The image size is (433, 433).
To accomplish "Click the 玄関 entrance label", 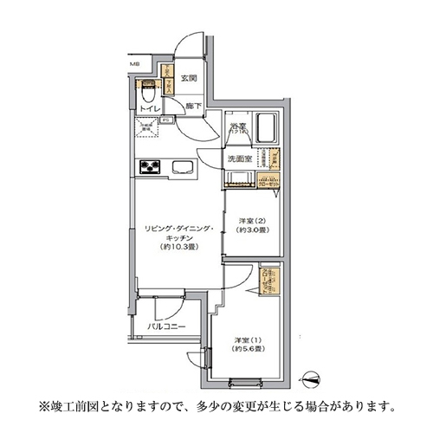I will [x=190, y=79].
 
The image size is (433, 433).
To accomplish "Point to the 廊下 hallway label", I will [x=192, y=106].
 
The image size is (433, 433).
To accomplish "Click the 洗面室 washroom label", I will [x=239, y=159].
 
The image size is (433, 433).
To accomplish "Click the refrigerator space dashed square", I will [x=147, y=126].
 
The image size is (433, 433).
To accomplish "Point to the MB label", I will [x=134, y=64].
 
